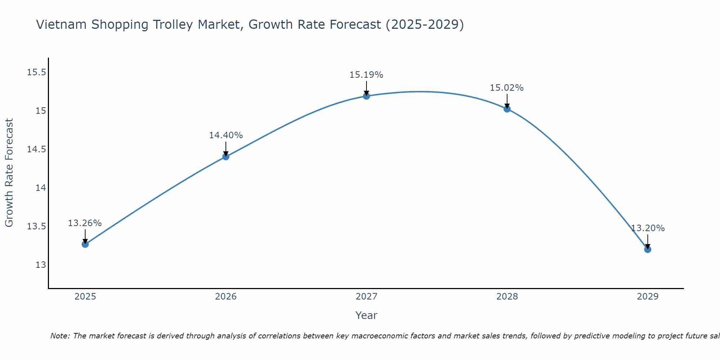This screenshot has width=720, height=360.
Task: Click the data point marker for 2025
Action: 85,244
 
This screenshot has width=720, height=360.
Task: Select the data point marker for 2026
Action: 226,156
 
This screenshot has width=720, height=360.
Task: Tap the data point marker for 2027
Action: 366,96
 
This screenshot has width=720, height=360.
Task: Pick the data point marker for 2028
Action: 507,109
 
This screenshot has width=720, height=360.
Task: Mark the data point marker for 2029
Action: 648,249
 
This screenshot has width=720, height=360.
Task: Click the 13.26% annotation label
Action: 85,223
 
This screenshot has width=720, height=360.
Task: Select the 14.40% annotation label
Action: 226,135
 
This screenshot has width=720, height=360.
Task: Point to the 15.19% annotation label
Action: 366,75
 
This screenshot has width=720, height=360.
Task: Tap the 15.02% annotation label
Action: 507,88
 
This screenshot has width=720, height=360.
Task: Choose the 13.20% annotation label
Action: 648,228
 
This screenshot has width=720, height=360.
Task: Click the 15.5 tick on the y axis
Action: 37,72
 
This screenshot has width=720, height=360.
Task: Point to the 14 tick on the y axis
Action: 41,188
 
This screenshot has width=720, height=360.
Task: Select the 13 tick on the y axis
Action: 41,265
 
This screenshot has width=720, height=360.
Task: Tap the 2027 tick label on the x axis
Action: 366,297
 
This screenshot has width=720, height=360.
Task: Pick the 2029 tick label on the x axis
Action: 648,297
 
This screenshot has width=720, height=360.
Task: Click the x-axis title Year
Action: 366,315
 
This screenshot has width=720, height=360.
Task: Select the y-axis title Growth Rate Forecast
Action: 9,173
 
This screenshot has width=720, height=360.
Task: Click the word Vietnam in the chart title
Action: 62,25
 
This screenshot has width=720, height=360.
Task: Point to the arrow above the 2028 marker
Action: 507,101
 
